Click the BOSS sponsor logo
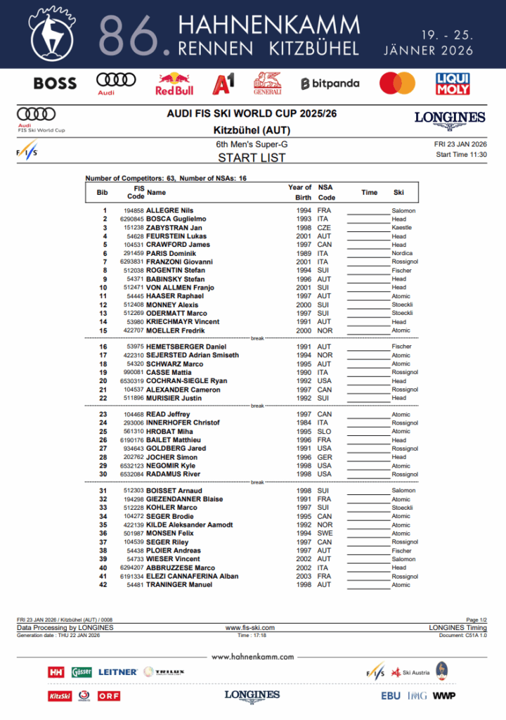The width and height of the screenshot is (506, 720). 55,84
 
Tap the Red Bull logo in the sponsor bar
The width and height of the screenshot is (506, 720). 174,84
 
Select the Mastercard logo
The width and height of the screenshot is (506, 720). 397,84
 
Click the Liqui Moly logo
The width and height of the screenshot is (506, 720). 453,84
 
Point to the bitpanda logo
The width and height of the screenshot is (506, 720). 330,84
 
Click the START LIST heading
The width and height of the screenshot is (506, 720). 251,157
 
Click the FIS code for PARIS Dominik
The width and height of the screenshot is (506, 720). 134,253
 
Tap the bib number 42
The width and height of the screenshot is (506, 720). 103,585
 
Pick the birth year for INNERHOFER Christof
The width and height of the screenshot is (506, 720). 304,423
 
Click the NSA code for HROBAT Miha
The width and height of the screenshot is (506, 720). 324,432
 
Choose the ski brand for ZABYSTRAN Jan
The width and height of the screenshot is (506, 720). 402,228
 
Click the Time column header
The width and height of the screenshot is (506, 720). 369,192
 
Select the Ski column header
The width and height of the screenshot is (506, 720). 398,192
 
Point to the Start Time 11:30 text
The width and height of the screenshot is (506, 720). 461,154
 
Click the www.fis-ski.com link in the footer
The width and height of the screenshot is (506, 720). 249,627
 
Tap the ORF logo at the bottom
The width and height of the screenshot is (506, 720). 109,695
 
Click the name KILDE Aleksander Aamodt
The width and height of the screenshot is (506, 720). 189,525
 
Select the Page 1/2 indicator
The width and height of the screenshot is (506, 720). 476,619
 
